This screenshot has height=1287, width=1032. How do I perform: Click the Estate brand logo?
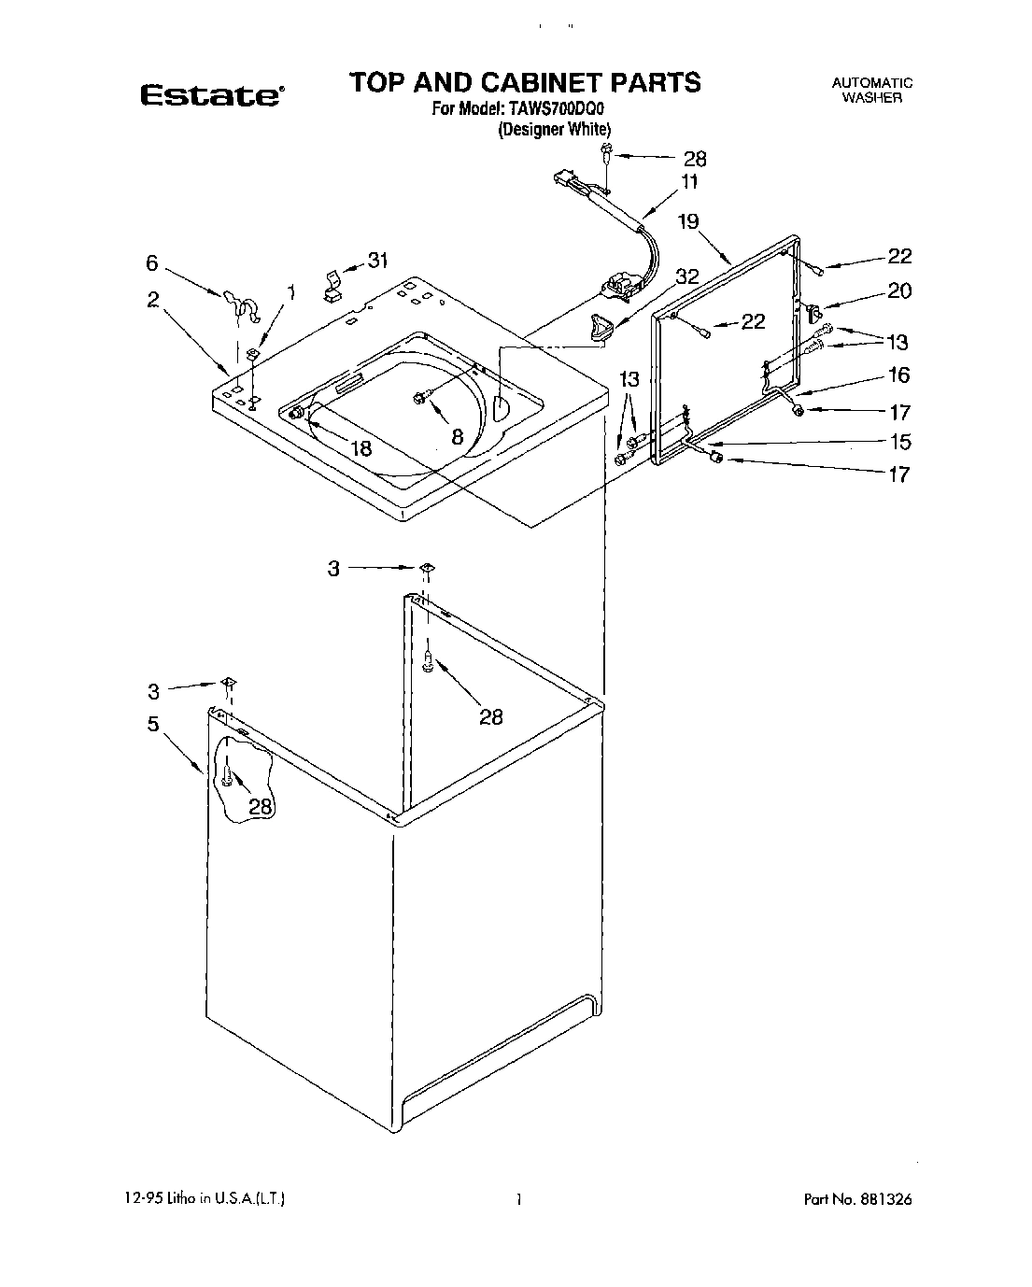coord(212,95)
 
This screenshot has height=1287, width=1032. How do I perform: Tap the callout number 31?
coord(376,261)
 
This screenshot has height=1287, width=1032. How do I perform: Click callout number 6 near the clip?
coord(152,264)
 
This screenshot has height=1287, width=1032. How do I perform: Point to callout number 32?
coord(686,276)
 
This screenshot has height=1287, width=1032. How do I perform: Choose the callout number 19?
coord(687,221)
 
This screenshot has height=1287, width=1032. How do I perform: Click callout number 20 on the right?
coord(898,291)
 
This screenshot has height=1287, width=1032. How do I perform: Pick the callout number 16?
coord(898,375)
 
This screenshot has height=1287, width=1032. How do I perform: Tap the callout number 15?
coord(898,442)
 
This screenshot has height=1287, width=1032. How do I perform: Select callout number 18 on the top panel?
coord(360,448)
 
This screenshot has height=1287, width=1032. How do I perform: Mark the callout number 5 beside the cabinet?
coord(152,724)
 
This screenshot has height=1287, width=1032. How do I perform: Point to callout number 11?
coord(689,182)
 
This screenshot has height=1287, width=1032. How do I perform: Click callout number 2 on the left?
coord(152,300)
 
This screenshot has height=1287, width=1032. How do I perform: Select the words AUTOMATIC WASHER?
coord(871,90)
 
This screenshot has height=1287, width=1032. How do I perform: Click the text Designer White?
coord(554,130)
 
